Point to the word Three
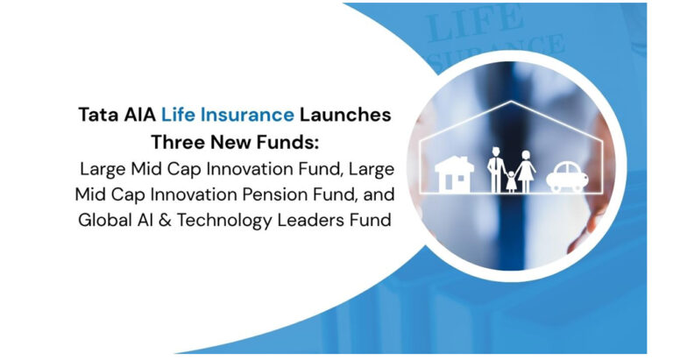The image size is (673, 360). tap(178, 142)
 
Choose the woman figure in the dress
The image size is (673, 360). tap(525, 169)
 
